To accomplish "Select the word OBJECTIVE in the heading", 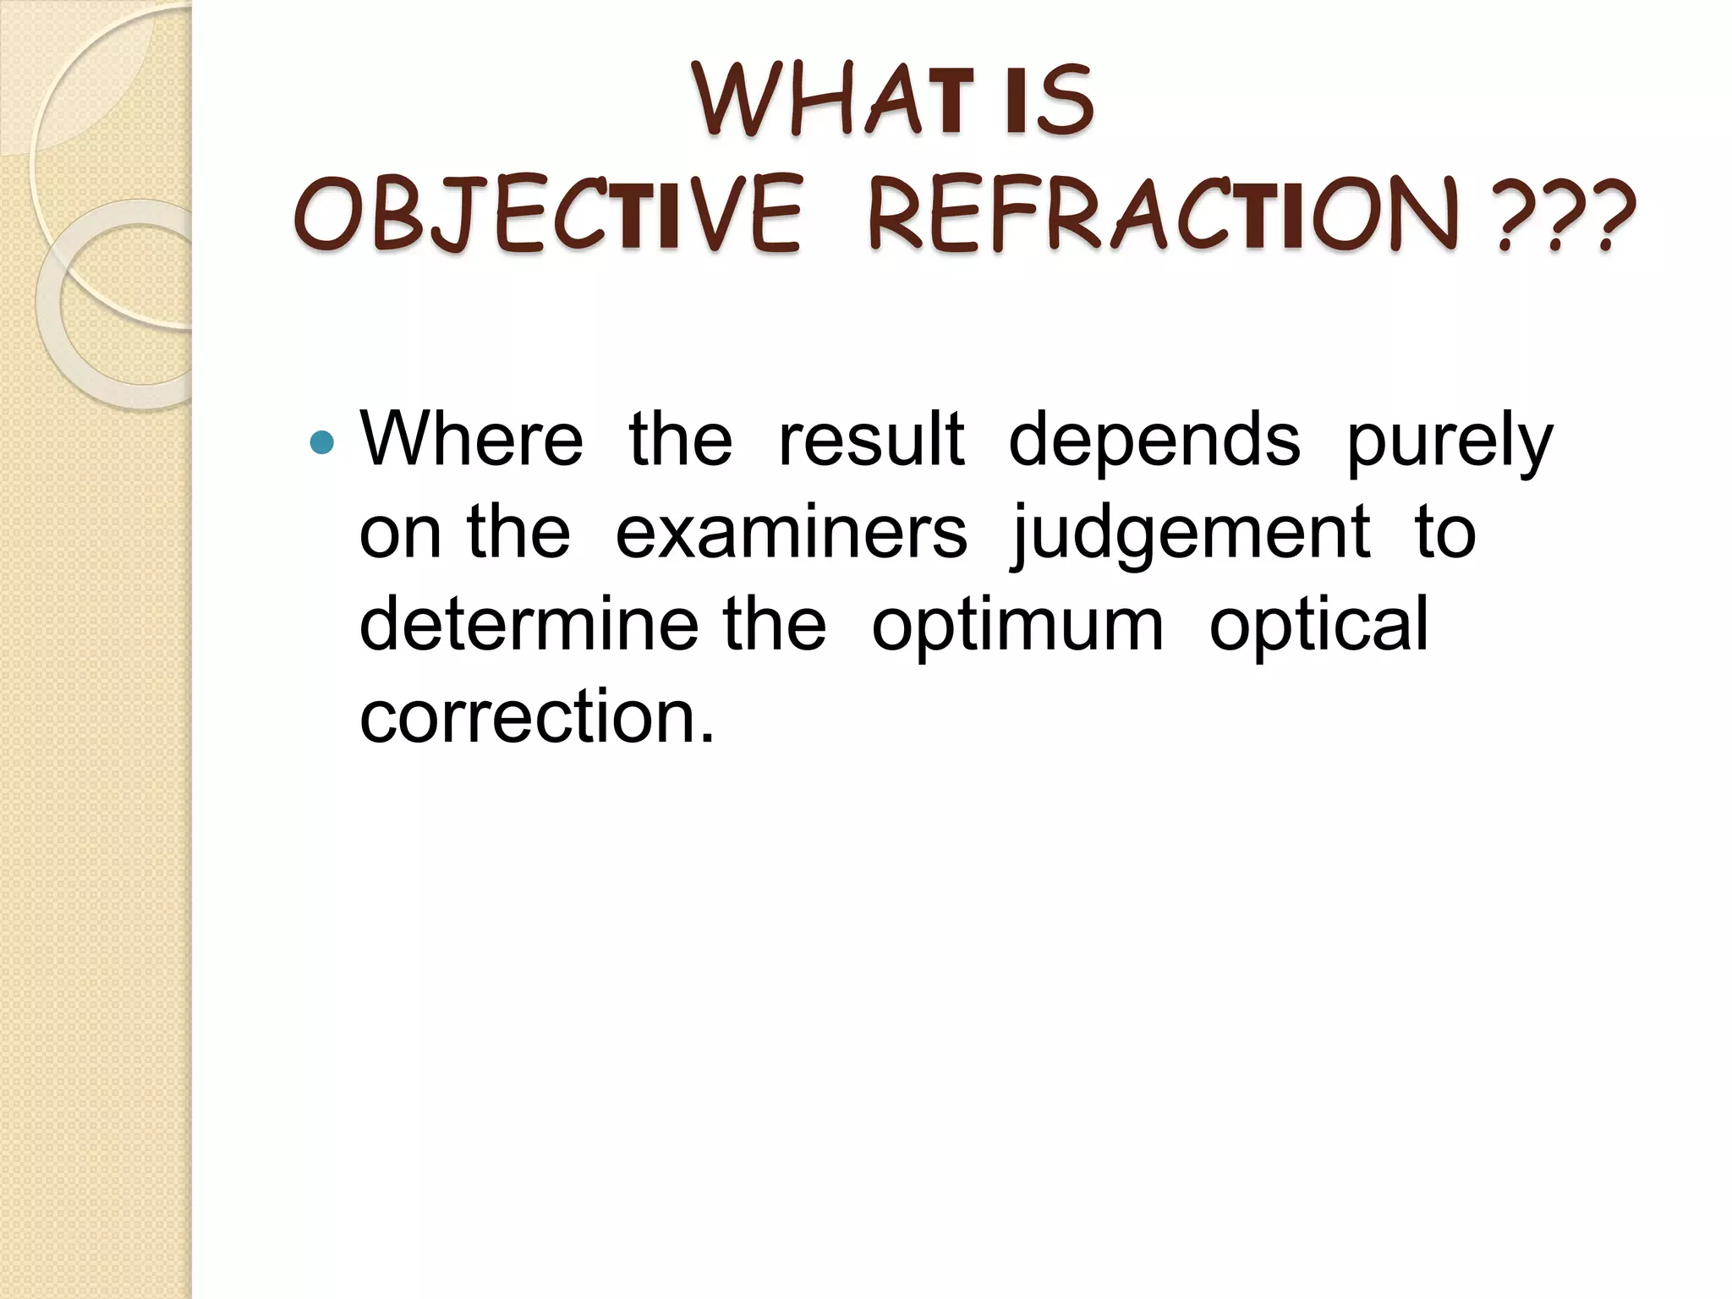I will point(549,215).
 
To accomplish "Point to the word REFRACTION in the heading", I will point(1164,215).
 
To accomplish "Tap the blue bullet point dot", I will point(322,441).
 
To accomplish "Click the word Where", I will point(472,440).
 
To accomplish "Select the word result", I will point(871,440).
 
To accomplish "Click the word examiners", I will point(791,533).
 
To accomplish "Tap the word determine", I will point(529,624).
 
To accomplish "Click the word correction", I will point(537,717).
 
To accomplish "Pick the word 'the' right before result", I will point(681,440).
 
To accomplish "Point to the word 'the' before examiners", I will point(518,533).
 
